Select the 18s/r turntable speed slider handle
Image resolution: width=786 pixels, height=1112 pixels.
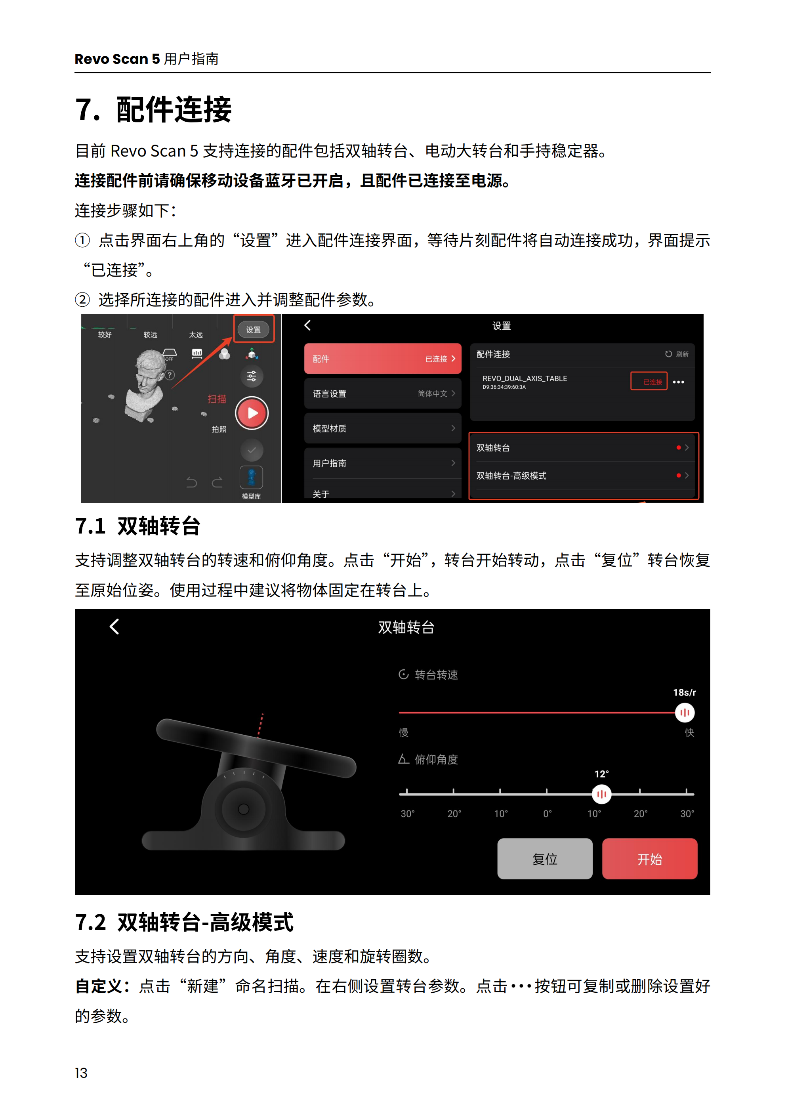(x=684, y=713)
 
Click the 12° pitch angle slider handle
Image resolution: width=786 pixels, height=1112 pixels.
(x=601, y=794)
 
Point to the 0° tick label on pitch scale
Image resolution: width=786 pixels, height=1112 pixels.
(x=547, y=814)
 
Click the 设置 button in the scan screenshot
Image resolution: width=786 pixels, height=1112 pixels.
(x=253, y=329)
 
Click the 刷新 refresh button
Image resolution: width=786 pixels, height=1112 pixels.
(x=677, y=354)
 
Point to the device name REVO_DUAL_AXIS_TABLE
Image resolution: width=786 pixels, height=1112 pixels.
(x=525, y=378)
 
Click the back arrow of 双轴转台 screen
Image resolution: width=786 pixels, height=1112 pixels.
(x=114, y=626)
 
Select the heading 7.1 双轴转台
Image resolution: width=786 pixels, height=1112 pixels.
(x=137, y=526)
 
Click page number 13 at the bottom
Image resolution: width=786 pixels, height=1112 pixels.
(x=81, y=1073)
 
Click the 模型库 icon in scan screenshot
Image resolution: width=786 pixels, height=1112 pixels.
(x=251, y=478)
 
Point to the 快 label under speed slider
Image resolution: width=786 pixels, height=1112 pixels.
(x=689, y=732)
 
